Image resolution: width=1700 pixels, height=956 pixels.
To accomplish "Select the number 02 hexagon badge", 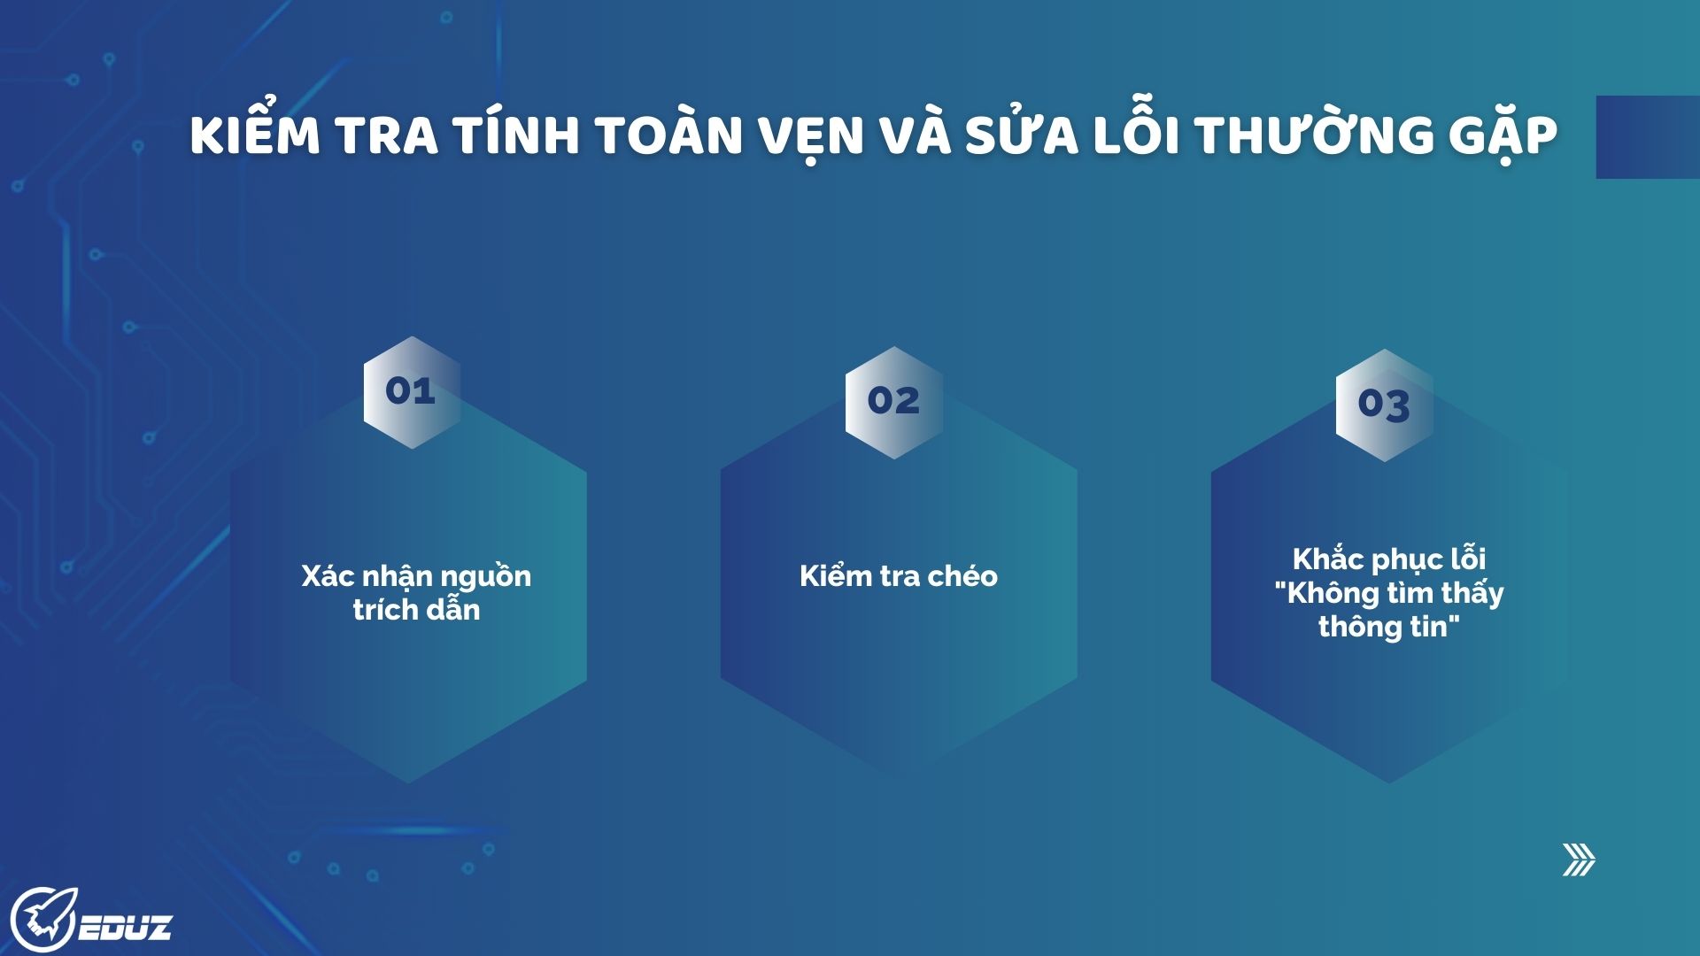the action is [x=894, y=402].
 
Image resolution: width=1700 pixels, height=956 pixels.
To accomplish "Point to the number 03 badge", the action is [x=1385, y=405].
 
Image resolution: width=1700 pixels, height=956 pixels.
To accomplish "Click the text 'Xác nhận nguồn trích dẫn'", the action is [x=416, y=592].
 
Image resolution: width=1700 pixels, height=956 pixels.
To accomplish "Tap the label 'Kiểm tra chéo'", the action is [x=899, y=576].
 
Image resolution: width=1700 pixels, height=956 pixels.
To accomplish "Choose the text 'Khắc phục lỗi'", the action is [x=1389, y=559].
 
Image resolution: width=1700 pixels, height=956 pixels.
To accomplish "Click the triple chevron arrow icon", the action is [x=1580, y=860].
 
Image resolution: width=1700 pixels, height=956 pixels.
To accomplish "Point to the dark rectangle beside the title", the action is [x=1648, y=137].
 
